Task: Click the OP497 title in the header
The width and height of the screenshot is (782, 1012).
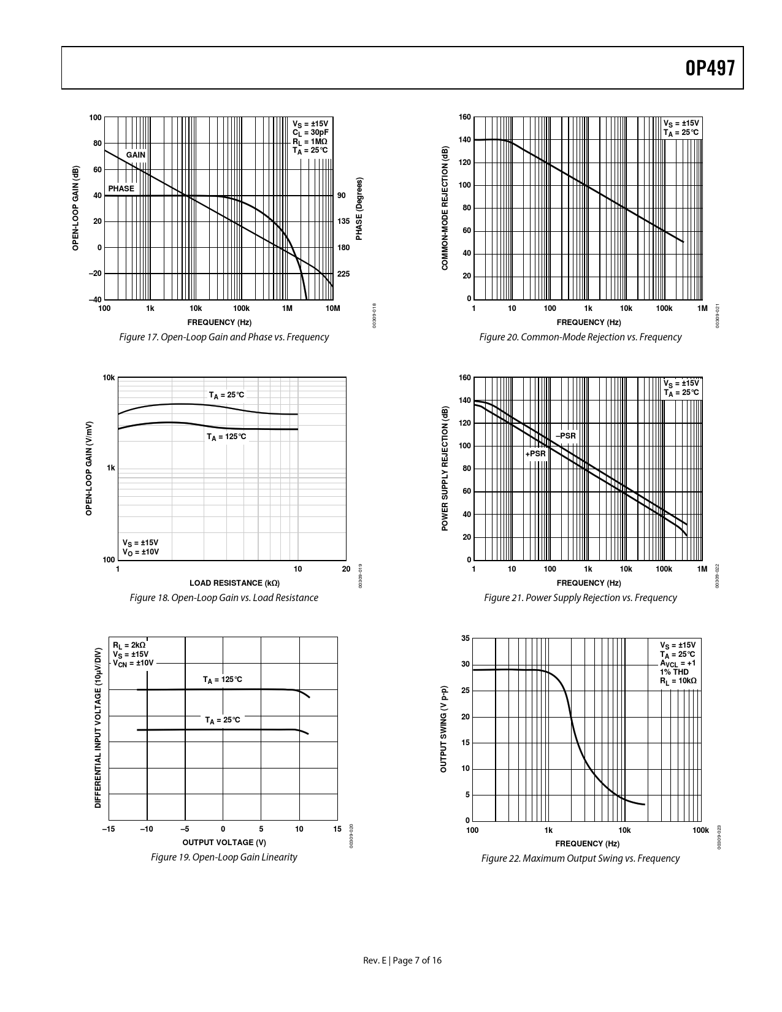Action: [x=710, y=68]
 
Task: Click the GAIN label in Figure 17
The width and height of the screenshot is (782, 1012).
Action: [x=136, y=155]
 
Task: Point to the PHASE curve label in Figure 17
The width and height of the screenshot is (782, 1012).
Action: [x=121, y=189]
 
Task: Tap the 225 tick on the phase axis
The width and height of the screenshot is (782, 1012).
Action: [x=343, y=274]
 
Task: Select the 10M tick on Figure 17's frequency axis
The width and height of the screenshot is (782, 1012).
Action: [x=332, y=309]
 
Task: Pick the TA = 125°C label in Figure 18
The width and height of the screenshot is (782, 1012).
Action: [x=226, y=437]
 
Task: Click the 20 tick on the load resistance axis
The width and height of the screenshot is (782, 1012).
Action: [x=346, y=569]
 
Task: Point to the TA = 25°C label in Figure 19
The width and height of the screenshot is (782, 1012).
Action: [x=223, y=720]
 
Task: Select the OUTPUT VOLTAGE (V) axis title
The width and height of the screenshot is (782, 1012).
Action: [x=224, y=843]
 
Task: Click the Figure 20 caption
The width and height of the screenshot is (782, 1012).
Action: [x=580, y=337]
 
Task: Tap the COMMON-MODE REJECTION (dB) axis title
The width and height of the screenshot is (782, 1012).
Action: [x=445, y=209]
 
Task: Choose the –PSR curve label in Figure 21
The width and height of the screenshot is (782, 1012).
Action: [x=565, y=436]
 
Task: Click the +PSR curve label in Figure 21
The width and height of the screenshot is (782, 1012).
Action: [x=535, y=454]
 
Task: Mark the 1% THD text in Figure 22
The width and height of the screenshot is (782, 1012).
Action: [x=674, y=672]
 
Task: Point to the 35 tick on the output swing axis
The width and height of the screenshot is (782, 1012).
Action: [x=466, y=638]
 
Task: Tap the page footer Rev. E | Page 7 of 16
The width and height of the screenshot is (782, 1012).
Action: [x=402, y=960]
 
